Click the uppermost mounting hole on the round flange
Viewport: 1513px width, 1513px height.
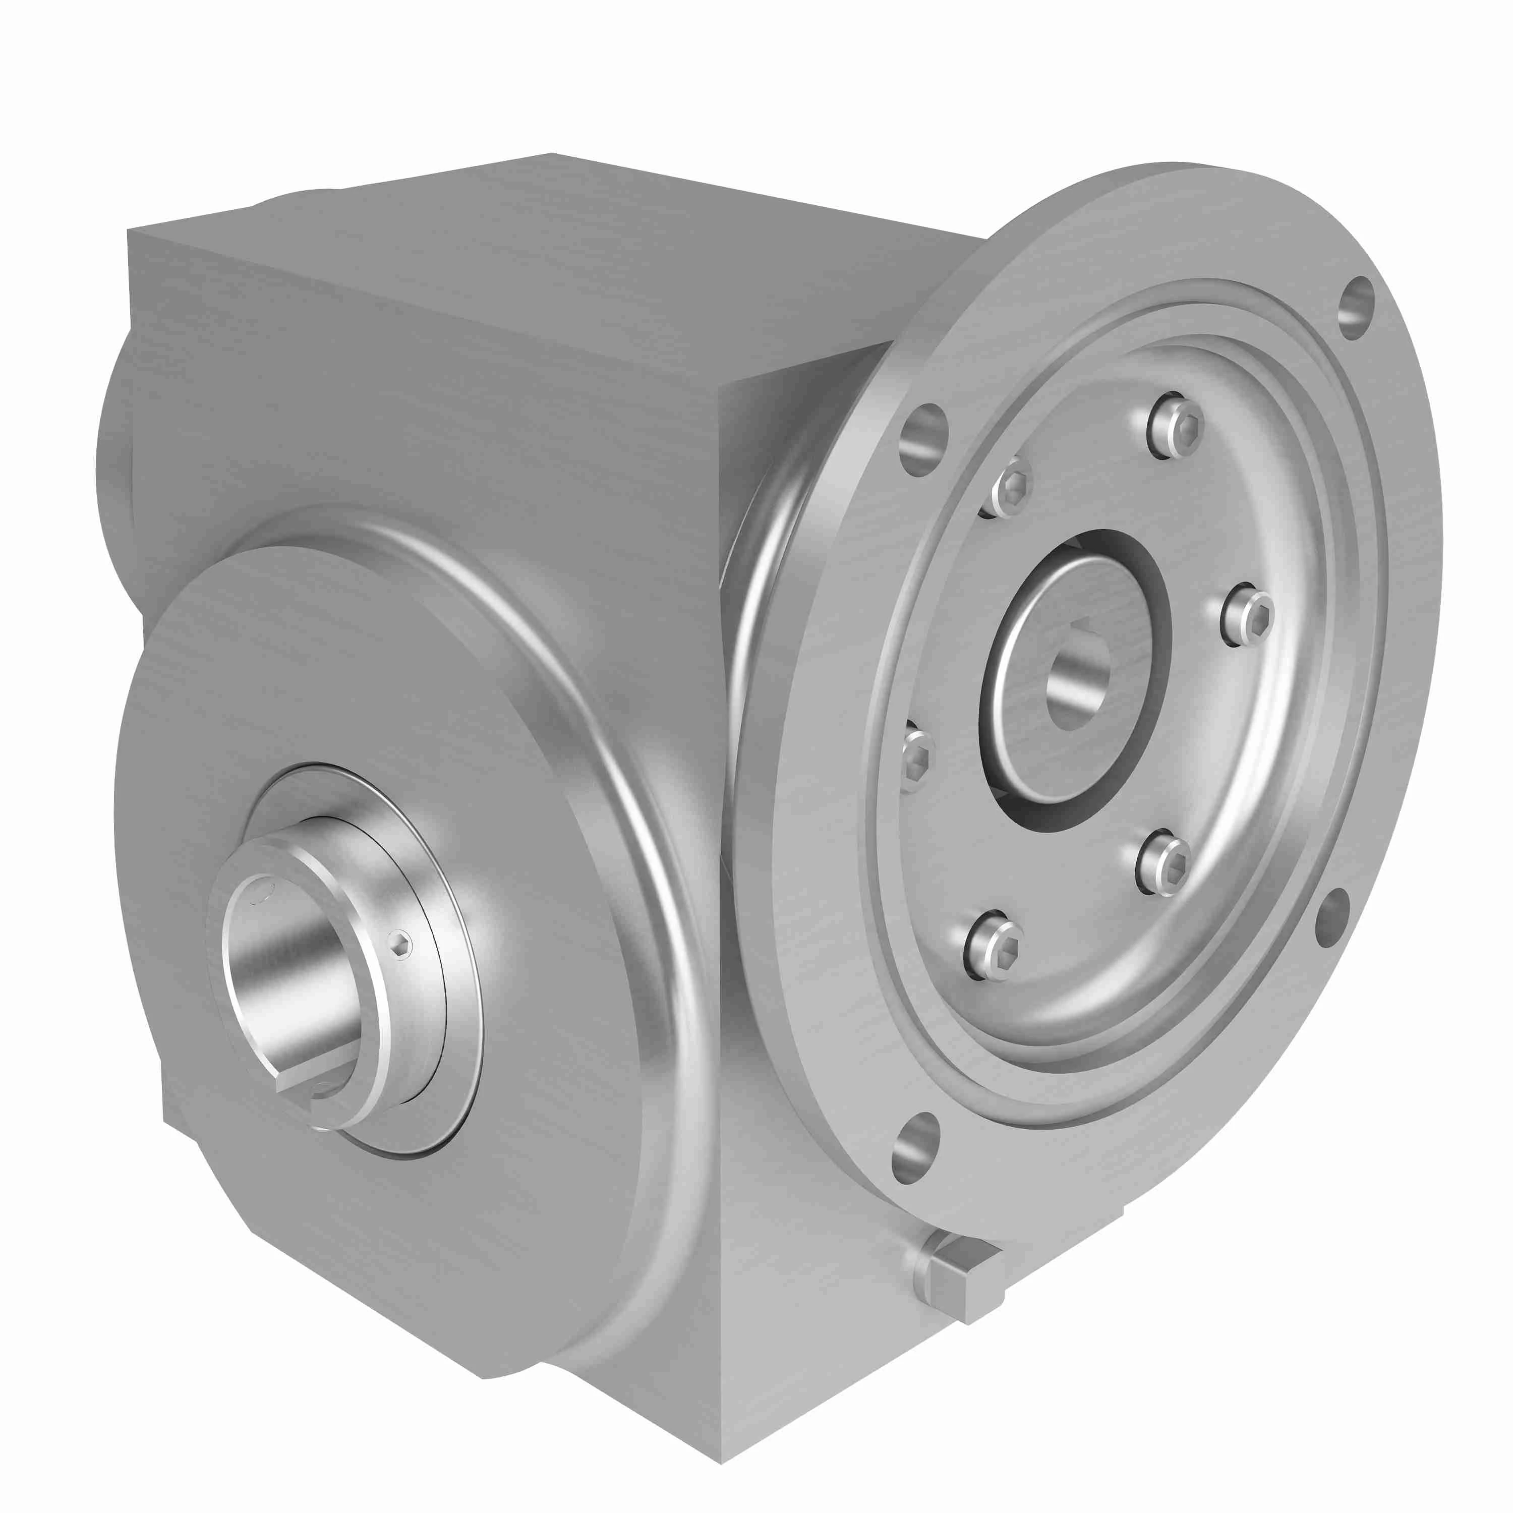(1357, 307)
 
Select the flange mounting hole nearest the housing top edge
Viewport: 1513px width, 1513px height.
(923, 440)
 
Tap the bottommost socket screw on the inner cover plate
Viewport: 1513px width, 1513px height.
(996, 945)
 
